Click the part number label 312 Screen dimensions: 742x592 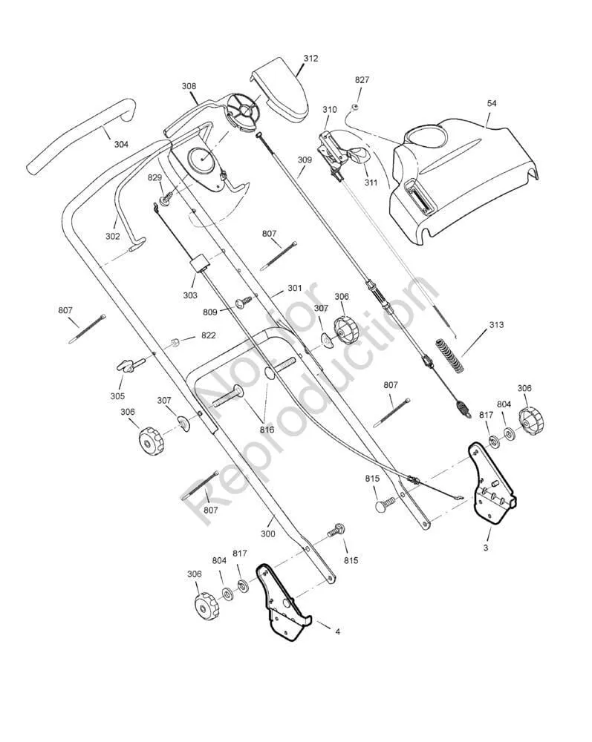click(x=310, y=59)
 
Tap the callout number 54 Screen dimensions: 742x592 click(x=492, y=103)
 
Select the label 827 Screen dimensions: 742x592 click(x=362, y=80)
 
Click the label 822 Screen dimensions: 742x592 click(x=208, y=336)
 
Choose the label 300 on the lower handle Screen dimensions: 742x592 click(x=267, y=533)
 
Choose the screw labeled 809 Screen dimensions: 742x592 click(x=243, y=302)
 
